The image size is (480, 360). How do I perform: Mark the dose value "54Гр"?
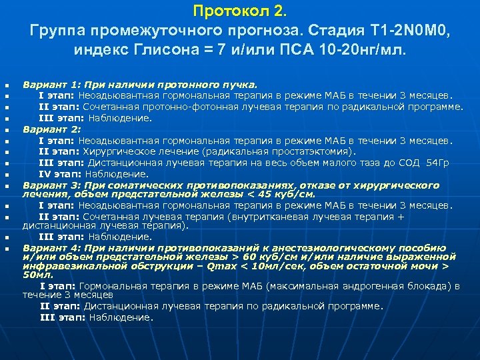click(437, 162)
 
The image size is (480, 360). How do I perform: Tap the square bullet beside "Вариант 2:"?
click(7, 130)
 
